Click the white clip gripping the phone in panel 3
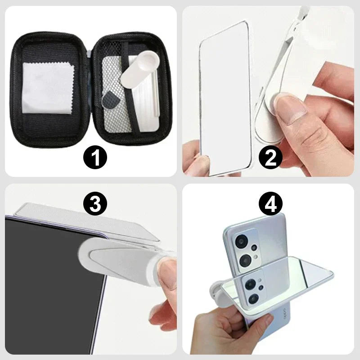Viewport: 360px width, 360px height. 117,261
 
